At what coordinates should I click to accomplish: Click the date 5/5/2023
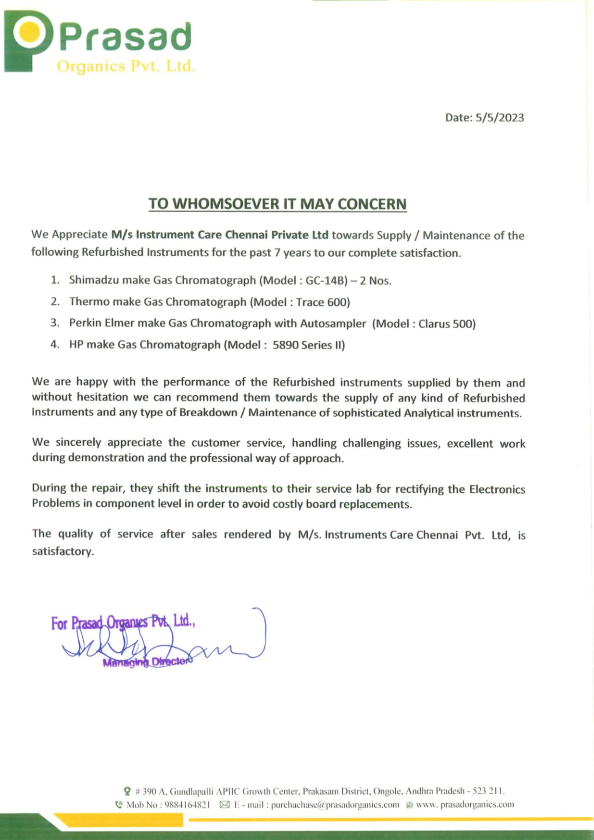pyautogui.click(x=499, y=117)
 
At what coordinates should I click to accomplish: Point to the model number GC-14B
pyautogui.click(x=326, y=280)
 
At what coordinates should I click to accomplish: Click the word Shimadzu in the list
pyautogui.click(x=94, y=280)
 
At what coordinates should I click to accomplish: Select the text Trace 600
pyautogui.click(x=321, y=302)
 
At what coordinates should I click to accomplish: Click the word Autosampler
pyautogui.click(x=333, y=324)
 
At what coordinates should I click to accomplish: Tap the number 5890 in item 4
pyautogui.click(x=285, y=345)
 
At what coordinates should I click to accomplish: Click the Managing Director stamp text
pyautogui.click(x=146, y=662)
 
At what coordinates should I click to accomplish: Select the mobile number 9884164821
pyautogui.click(x=187, y=805)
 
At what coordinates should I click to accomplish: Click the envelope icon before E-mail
pyautogui.click(x=224, y=805)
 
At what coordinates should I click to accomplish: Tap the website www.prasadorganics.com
pyautogui.click(x=464, y=805)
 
